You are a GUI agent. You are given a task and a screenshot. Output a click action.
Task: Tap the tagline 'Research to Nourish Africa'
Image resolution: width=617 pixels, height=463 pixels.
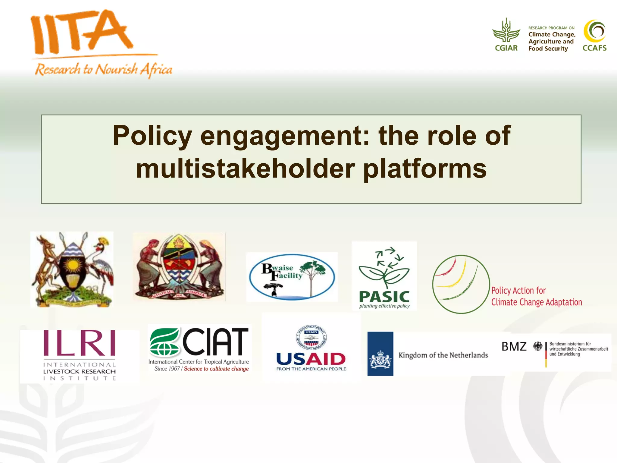coord(104,70)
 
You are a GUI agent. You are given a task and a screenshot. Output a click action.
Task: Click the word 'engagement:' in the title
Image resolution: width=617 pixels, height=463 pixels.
coord(284,136)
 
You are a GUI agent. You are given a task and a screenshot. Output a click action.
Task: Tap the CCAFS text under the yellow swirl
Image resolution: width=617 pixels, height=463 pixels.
coord(594,48)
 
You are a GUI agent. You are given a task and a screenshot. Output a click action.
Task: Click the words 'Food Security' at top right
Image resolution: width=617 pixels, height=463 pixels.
coord(548,49)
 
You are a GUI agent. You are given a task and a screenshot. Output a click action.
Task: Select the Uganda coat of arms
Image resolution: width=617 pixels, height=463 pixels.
coord(72,269)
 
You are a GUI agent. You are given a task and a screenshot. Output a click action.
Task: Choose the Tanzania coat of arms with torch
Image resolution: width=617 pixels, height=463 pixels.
coord(179,266)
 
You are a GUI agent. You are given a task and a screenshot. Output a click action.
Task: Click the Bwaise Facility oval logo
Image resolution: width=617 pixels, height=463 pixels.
coord(292,277)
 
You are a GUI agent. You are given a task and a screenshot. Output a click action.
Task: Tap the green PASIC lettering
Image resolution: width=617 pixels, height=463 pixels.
coord(384,297)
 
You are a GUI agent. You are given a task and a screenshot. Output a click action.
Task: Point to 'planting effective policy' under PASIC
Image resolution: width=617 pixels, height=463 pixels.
coord(384,306)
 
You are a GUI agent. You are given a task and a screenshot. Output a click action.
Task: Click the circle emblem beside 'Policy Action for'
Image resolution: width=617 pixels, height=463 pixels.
coord(461,284)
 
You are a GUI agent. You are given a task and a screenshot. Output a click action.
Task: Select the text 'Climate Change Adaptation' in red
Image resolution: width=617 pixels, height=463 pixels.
coord(536,302)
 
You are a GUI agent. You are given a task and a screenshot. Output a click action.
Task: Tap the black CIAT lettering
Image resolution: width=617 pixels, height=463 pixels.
coord(215,342)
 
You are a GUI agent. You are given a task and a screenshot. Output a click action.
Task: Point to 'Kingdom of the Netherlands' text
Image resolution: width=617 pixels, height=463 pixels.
coord(443,355)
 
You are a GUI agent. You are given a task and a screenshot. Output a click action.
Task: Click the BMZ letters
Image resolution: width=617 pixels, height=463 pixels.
coord(514,346)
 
